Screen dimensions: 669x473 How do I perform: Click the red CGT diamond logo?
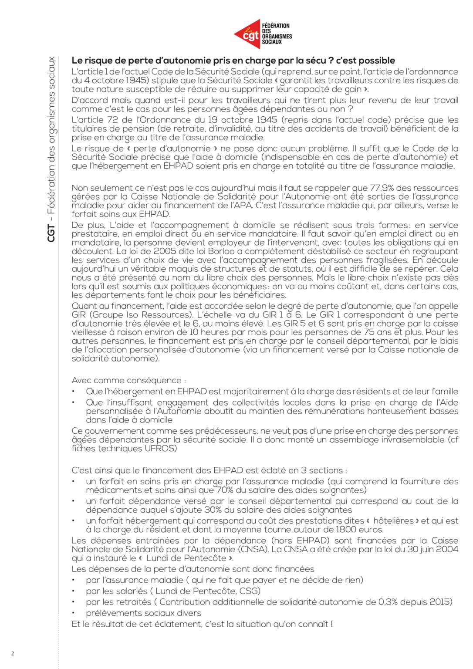click(247, 34)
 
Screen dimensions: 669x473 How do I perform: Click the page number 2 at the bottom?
click(13, 653)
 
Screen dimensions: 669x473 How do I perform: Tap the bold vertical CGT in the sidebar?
click(51, 233)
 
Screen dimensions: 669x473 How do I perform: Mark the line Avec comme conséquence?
click(129, 380)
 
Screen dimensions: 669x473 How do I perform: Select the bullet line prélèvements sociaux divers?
click(143, 613)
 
